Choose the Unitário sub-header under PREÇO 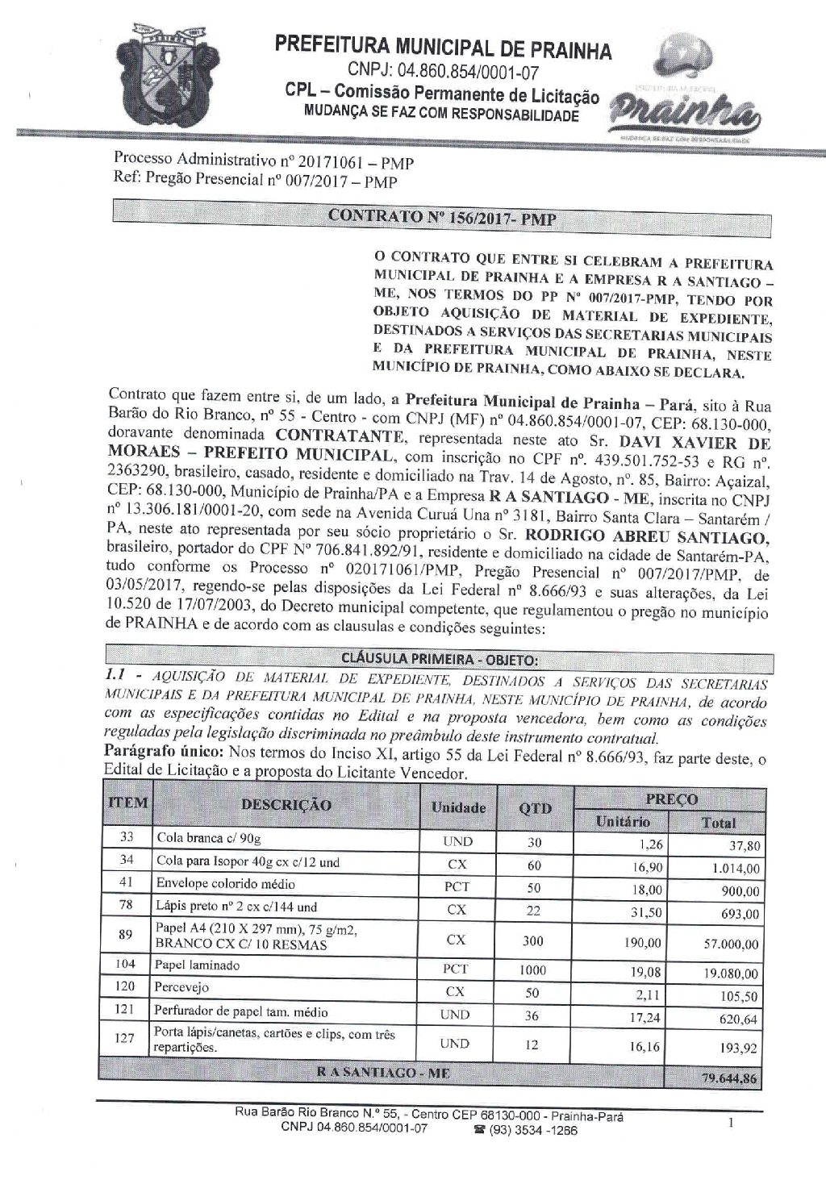622,822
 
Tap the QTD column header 536,807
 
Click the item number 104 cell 127,965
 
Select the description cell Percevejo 183,987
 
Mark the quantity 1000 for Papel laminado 533,970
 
